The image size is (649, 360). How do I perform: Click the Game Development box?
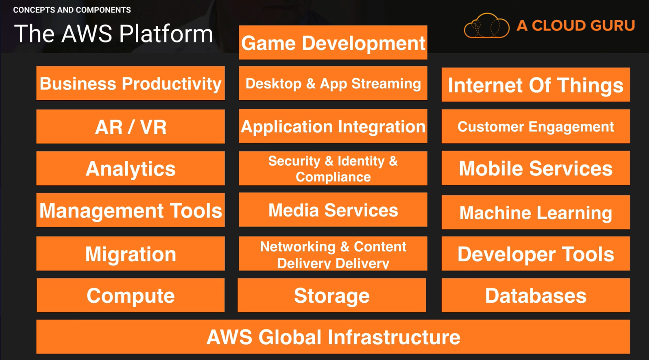coord(333,42)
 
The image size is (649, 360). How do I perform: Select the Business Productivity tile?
coord(131,83)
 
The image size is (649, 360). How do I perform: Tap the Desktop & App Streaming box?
coord(333,83)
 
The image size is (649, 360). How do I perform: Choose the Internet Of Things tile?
coord(535,85)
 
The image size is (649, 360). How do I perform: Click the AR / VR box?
coord(131,126)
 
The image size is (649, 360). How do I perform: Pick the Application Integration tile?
coord(333,126)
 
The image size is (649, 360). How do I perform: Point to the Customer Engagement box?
coord(535,126)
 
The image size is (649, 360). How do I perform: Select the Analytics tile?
coord(131,168)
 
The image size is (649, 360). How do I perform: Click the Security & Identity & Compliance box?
coord(333,168)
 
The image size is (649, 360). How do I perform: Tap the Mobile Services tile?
coord(535,168)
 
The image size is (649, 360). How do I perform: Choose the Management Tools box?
coord(131,210)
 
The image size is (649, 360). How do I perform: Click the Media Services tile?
coord(333,210)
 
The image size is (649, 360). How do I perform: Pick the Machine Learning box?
coord(535,212)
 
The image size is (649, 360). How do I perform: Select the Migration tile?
coord(131,253)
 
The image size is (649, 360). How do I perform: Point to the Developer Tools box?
coord(535,253)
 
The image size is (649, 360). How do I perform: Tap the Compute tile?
coord(131,295)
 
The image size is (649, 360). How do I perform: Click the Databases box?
coord(535,295)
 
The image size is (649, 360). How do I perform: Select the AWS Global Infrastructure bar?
coord(333,337)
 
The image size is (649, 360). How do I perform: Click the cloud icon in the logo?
coord(486,26)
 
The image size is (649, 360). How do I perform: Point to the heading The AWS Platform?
coord(114,34)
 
